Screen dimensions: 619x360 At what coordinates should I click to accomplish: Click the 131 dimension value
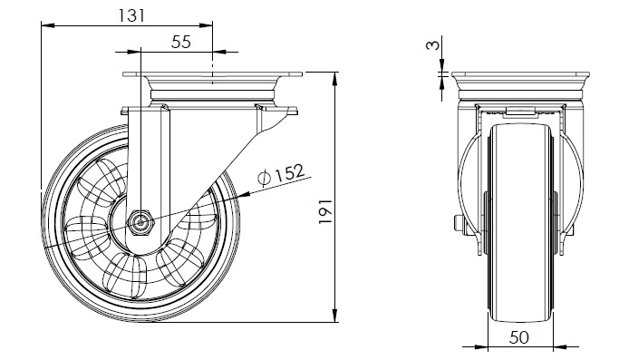131,15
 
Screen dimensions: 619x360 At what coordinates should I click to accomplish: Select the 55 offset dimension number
180,42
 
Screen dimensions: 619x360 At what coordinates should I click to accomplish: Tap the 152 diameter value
290,172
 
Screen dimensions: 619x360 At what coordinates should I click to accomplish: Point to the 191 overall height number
325,211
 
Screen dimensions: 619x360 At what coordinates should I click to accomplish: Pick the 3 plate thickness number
432,44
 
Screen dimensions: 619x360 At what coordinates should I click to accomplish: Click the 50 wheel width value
519,337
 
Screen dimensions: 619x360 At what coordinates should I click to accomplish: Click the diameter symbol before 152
264,178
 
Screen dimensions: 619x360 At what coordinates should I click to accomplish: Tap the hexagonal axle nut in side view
140,223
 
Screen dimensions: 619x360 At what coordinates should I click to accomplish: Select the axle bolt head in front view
459,225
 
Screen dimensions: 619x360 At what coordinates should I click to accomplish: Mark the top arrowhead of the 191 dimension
335,79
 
